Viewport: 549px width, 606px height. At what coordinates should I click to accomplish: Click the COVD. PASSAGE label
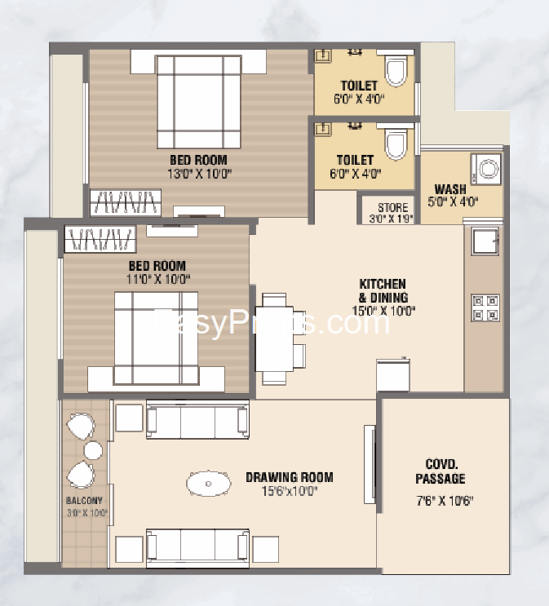pyautogui.click(x=440, y=471)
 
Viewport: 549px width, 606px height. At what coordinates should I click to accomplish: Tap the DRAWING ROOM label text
pyautogui.click(x=290, y=477)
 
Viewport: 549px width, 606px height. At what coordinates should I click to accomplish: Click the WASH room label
pyautogui.click(x=450, y=189)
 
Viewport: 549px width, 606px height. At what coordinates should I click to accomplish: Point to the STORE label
pyautogui.click(x=392, y=208)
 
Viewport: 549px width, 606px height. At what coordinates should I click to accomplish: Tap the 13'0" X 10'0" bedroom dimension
pyautogui.click(x=198, y=173)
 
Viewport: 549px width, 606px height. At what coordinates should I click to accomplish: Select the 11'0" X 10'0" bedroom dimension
pyautogui.click(x=156, y=278)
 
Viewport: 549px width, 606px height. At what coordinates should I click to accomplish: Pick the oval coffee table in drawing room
pyautogui.click(x=209, y=483)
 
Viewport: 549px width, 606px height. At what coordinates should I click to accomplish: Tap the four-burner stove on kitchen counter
pyautogui.click(x=485, y=308)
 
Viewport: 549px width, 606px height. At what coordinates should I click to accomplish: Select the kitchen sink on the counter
pyautogui.click(x=485, y=241)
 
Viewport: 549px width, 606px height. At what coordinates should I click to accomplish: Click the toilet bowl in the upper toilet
pyautogui.click(x=396, y=71)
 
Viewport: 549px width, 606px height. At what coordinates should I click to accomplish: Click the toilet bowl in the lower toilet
pyautogui.click(x=396, y=145)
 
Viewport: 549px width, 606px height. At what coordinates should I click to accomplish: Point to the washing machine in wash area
pyautogui.click(x=487, y=170)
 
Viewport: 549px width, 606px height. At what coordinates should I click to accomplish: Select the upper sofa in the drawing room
pyautogui.click(x=197, y=422)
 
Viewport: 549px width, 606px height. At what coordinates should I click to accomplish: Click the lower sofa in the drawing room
pyautogui.click(x=197, y=546)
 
